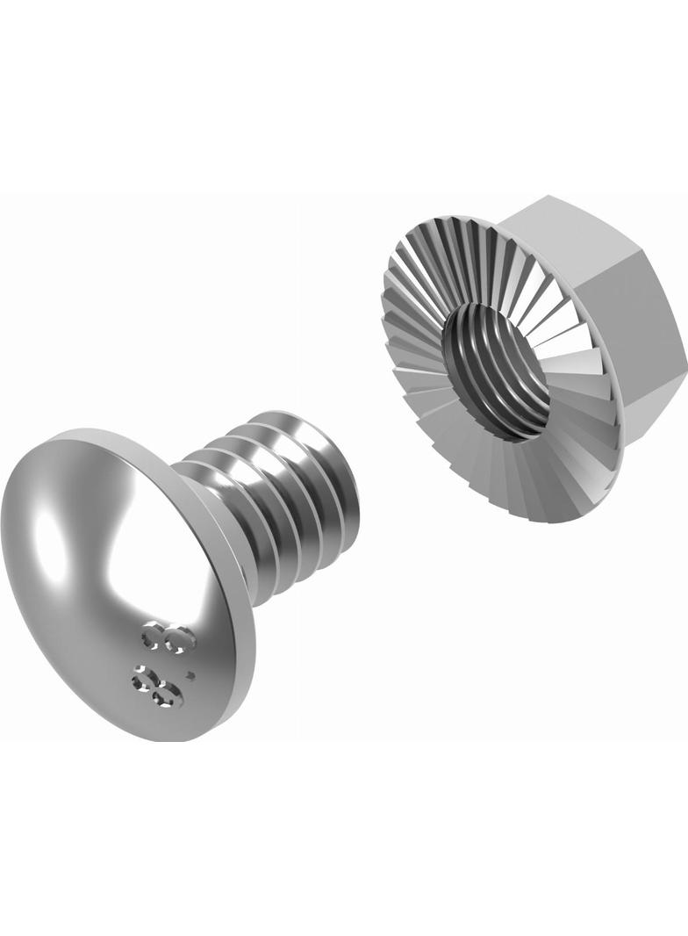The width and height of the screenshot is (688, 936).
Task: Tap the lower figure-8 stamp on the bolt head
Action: tap(157, 687)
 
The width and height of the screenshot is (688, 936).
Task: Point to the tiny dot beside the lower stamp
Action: tap(190, 676)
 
